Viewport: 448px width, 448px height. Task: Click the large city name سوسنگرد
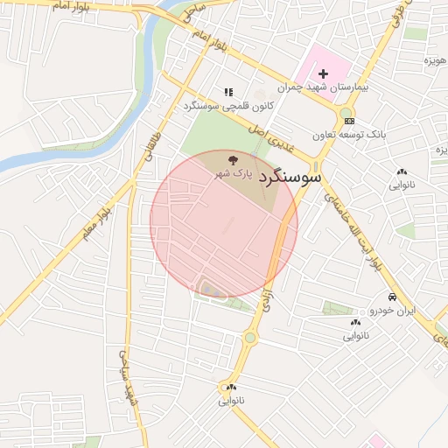pos(291,176)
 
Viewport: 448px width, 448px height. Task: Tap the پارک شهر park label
pos(234,174)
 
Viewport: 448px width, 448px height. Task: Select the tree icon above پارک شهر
pos(234,159)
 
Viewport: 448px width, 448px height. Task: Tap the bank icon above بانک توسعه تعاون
pos(349,120)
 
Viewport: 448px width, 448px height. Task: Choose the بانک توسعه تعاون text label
pos(349,134)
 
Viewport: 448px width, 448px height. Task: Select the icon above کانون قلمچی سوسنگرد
pos(228,91)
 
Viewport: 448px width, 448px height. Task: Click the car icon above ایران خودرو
pos(393,297)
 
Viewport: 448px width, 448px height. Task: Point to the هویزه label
pos(436,60)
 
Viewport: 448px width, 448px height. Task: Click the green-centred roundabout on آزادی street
pos(251,337)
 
